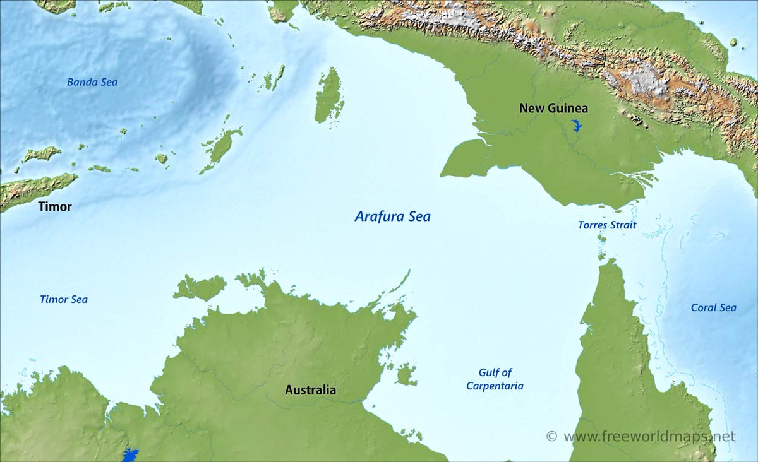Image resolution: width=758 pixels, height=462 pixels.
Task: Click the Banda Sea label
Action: [x=92, y=82]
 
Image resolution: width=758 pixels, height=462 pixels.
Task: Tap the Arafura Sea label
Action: [x=392, y=216]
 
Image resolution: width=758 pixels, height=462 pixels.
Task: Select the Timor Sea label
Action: [x=63, y=299]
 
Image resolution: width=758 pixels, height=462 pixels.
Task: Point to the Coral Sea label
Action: [x=713, y=307]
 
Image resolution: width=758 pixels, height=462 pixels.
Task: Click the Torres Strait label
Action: [x=606, y=225]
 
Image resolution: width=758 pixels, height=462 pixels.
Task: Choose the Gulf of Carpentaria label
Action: [x=495, y=379]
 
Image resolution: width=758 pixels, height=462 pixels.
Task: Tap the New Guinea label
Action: [x=553, y=108]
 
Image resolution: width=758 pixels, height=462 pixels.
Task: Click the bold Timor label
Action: [x=55, y=206]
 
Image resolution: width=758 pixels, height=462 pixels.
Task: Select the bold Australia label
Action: [x=310, y=390]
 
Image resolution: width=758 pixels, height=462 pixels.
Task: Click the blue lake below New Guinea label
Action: [x=575, y=125]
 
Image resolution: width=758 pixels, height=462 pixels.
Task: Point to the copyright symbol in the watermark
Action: [x=551, y=436]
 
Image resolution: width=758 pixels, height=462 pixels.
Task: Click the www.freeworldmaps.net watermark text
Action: [x=649, y=436]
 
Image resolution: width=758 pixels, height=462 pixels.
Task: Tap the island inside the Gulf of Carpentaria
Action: [x=406, y=374]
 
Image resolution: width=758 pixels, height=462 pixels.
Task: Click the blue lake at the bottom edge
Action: [x=131, y=455]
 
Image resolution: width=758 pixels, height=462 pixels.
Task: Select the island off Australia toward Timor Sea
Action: [x=200, y=287]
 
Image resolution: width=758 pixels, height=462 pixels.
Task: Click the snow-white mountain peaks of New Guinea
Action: [x=641, y=80]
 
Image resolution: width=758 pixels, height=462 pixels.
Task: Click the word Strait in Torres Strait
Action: [x=622, y=225]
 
